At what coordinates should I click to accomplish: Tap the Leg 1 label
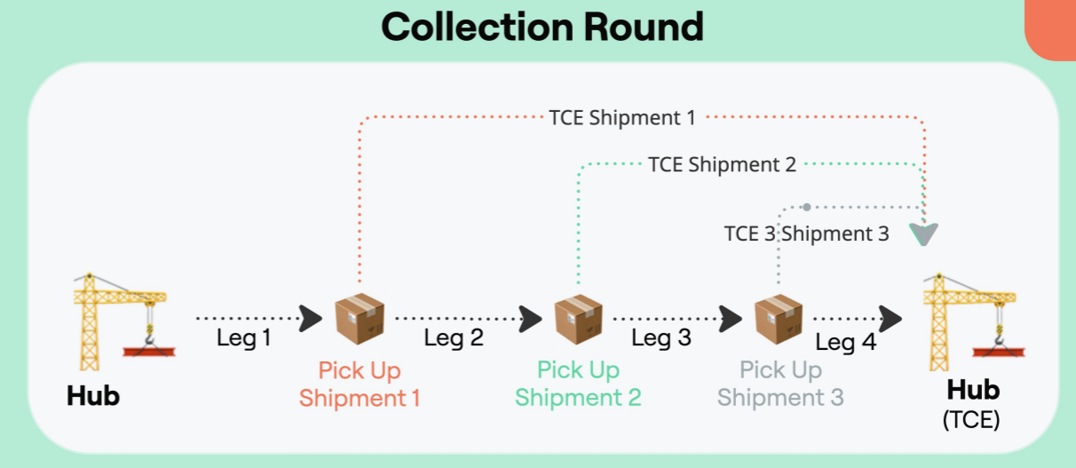[243, 338]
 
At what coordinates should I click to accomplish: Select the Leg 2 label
[454, 337]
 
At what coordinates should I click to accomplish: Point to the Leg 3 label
[661, 337]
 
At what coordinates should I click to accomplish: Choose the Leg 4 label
[845, 342]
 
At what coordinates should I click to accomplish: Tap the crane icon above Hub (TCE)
[972, 321]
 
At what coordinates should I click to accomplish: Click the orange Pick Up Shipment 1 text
[360, 384]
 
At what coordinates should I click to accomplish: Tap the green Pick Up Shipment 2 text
[578, 384]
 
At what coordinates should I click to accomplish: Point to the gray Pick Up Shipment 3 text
[780, 384]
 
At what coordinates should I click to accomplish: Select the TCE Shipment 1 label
[622, 116]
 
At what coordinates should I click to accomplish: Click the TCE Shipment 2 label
[722, 164]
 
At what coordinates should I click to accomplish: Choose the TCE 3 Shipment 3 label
[806, 234]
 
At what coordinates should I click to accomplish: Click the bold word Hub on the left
[93, 396]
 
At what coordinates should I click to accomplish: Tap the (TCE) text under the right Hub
[971, 419]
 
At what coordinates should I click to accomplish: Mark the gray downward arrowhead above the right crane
[925, 234]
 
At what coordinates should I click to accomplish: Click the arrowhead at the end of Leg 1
[311, 317]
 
